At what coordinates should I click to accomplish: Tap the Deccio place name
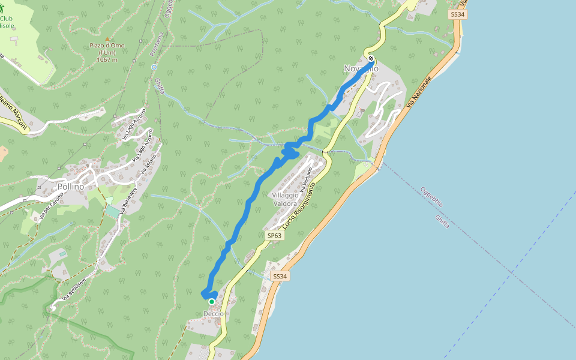pyautogui.click(x=214, y=314)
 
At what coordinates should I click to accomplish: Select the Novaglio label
pyautogui.click(x=361, y=68)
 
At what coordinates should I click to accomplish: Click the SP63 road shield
pyautogui.click(x=274, y=236)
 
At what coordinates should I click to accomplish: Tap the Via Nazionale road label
pyautogui.click(x=419, y=92)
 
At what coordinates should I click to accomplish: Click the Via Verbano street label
pyautogui.click(x=307, y=180)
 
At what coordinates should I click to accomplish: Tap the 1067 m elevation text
pyautogui.click(x=107, y=59)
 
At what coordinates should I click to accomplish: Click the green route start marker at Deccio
pyautogui.click(x=212, y=301)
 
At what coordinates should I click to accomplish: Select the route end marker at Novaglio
pyautogui.click(x=371, y=58)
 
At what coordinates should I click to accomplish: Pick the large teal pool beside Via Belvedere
pyautogui.click(x=112, y=212)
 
